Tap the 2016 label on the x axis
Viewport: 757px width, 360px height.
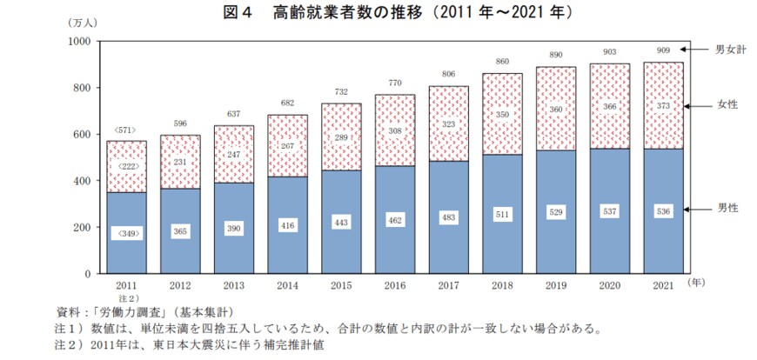395,285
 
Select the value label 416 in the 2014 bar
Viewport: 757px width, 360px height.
288,224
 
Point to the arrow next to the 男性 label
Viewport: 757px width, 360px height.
695,210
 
